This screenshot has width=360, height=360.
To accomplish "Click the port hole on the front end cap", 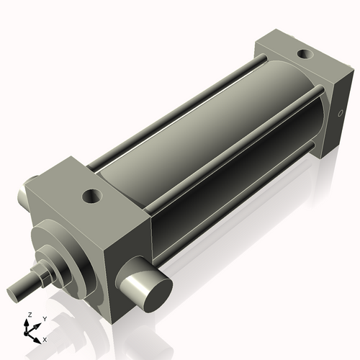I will (x=92, y=194).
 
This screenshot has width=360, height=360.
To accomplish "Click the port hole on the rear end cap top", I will (x=305, y=53).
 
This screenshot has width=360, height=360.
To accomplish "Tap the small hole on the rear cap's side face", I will (x=341, y=113).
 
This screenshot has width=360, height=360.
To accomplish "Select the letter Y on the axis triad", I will (x=44, y=318).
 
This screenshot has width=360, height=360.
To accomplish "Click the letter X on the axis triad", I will (x=45, y=338).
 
